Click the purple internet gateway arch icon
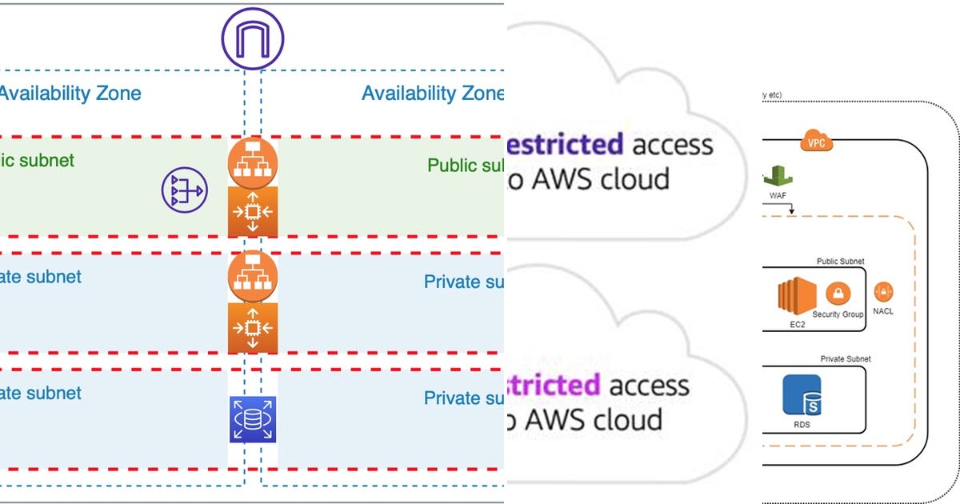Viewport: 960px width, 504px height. pos(253,38)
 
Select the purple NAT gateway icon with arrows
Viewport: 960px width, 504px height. pos(184,190)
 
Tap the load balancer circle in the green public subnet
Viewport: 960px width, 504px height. pos(253,162)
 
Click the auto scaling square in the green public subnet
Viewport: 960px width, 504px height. pos(253,212)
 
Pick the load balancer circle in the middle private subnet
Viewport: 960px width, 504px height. pos(253,277)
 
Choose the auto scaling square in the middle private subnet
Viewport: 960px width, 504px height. pos(253,327)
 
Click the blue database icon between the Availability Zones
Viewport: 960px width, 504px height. pos(253,419)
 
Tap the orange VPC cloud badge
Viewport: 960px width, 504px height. pos(816,143)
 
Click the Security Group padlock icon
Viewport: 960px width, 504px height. pos(838,294)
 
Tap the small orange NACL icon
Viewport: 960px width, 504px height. pos(884,292)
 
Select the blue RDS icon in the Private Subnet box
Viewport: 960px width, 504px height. pos(802,394)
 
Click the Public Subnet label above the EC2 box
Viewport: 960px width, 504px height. pos(840,262)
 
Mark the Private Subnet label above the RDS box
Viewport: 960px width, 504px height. pos(846,359)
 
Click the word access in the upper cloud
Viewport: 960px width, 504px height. pos(672,145)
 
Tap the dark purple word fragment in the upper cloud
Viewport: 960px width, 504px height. pos(565,145)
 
